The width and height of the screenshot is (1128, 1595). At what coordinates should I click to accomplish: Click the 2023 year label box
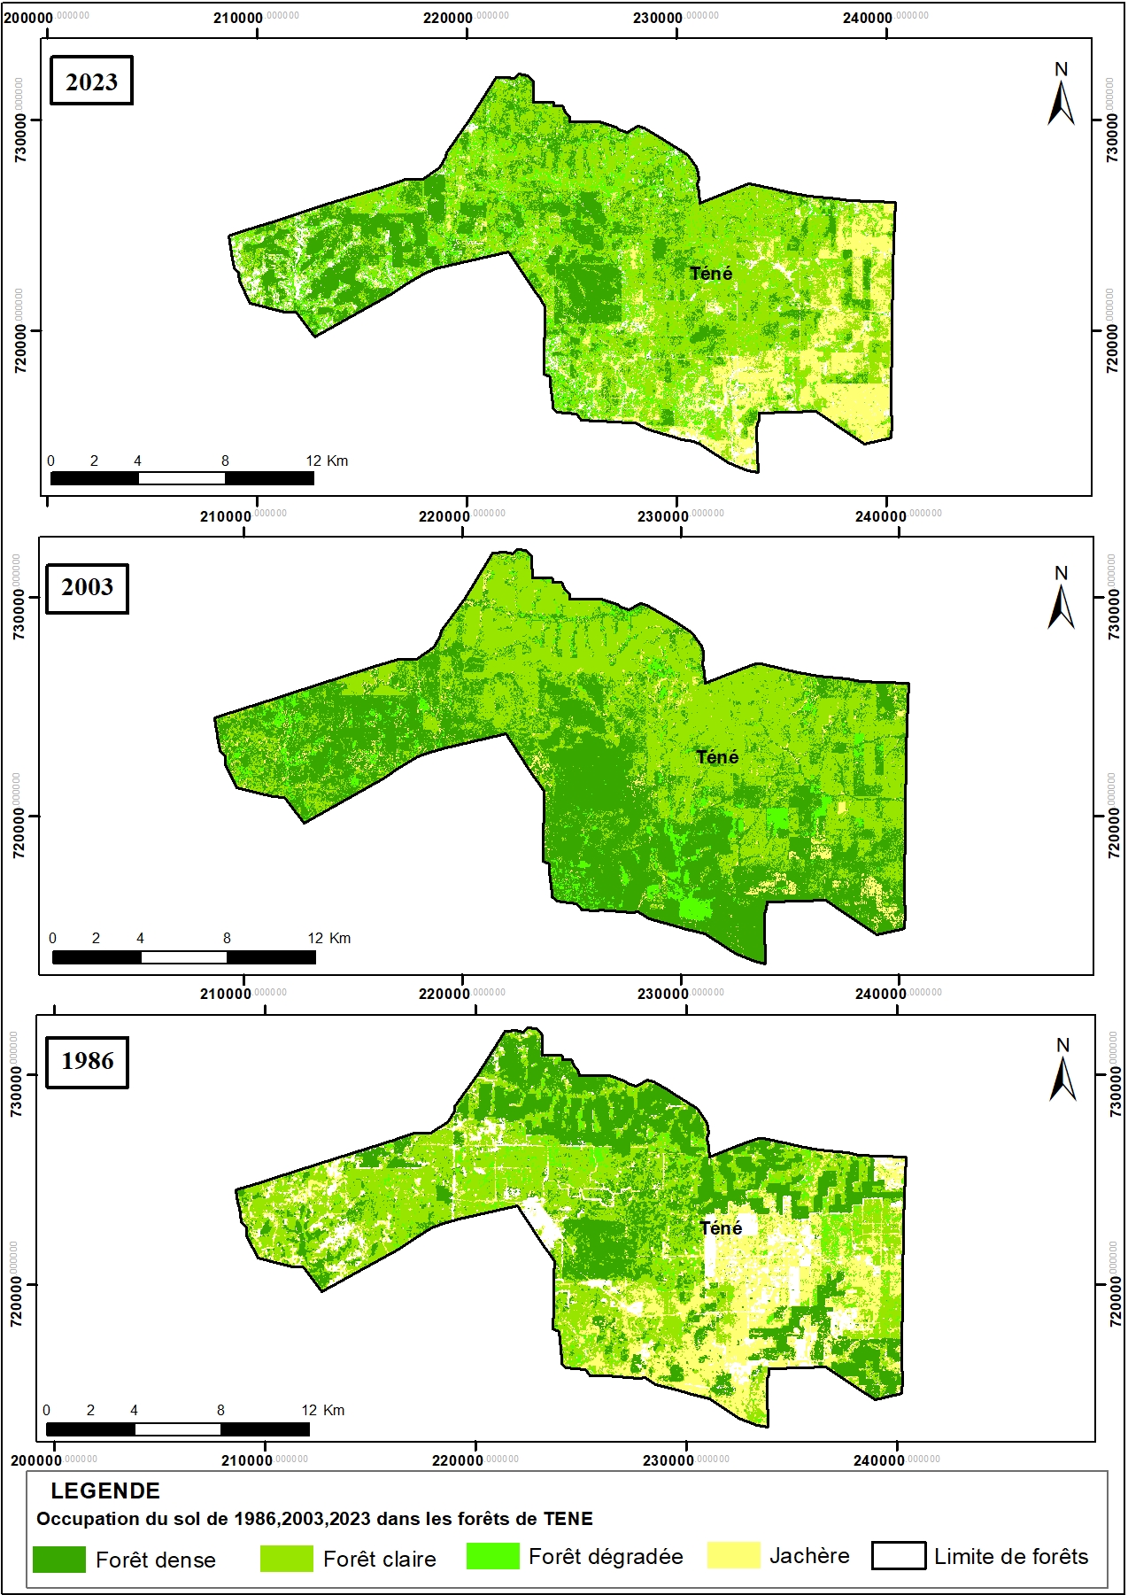pyautogui.click(x=91, y=81)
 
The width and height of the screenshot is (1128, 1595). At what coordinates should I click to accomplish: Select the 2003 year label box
pyautogui.click(x=88, y=587)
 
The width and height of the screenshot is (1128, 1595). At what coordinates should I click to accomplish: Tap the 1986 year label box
pyautogui.click(x=88, y=1061)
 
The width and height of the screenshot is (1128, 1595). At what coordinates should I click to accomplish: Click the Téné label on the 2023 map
pyautogui.click(x=711, y=274)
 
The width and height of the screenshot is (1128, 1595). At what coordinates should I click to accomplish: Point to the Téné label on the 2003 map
pyautogui.click(x=717, y=757)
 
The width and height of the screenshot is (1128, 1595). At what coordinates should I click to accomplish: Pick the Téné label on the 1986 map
pyautogui.click(x=721, y=1228)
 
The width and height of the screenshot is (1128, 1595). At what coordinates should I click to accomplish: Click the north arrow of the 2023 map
pyautogui.click(x=1061, y=95)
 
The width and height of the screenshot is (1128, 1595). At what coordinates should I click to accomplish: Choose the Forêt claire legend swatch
pyautogui.click(x=286, y=1559)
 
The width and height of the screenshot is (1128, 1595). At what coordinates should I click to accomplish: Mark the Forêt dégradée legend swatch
pyautogui.click(x=492, y=1556)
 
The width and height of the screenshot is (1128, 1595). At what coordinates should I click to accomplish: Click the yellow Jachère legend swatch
pyautogui.click(x=733, y=1555)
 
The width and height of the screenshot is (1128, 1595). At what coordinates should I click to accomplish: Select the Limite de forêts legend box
pyautogui.click(x=898, y=1556)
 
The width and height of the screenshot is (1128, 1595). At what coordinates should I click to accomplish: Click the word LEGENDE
pyautogui.click(x=105, y=1491)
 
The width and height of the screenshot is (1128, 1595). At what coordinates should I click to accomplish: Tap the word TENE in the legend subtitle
pyautogui.click(x=568, y=1519)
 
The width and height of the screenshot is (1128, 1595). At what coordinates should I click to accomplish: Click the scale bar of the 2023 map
pyautogui.click(x=182, y=478)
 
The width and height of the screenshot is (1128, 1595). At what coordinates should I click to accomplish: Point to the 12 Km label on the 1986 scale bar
pyautogui.click(x=322, y=1410)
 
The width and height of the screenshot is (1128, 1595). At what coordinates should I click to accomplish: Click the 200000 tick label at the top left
pyautogui.click(x=30, y=17)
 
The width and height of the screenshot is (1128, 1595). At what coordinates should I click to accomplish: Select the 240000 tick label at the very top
pyautogui.click(x=868, y=17)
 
